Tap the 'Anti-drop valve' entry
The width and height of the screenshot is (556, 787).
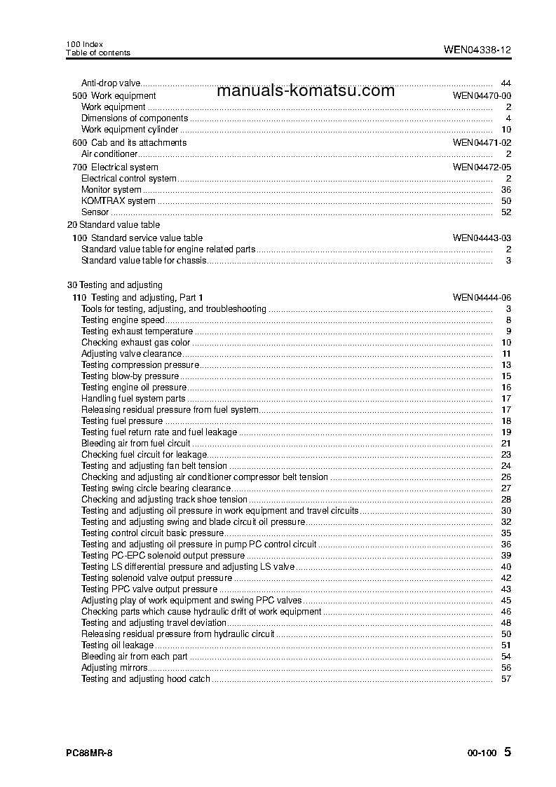(x=111, y=83)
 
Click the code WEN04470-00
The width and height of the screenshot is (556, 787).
(x=482, y=95)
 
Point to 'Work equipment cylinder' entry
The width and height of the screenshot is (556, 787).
(x=130, y=130)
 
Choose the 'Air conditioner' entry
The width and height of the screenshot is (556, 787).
(x=109, y=154)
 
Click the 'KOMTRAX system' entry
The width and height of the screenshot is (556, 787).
(x=118, y=201)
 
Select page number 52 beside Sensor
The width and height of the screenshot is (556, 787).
(x=506, y=212)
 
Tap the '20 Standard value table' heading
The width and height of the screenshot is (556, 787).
(x=113, y=225)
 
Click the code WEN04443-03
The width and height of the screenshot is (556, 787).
(x=482, y=238)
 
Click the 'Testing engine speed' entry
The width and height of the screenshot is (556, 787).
(x=123, y=320)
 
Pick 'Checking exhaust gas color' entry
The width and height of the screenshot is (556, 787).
(x=135, y=343)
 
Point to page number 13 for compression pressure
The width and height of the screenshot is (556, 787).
(x=506, y=365)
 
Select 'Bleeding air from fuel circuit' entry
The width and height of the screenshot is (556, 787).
(x=135, y=444)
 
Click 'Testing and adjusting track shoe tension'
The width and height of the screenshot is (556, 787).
(x=164, y=500)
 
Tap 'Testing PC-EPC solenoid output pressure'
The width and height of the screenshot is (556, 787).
(x=163, y=556)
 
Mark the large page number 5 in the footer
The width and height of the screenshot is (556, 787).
(x=508, y=752)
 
